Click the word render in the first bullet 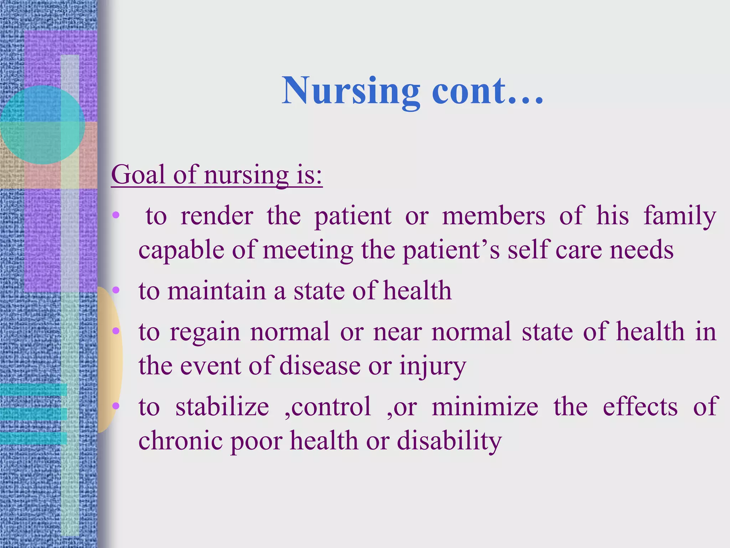pos(217,216)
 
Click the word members pos(493,216)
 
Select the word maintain pos(217,291)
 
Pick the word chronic pos(180,441)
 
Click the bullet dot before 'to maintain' pos(116,290)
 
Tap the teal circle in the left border pos(42,125)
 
